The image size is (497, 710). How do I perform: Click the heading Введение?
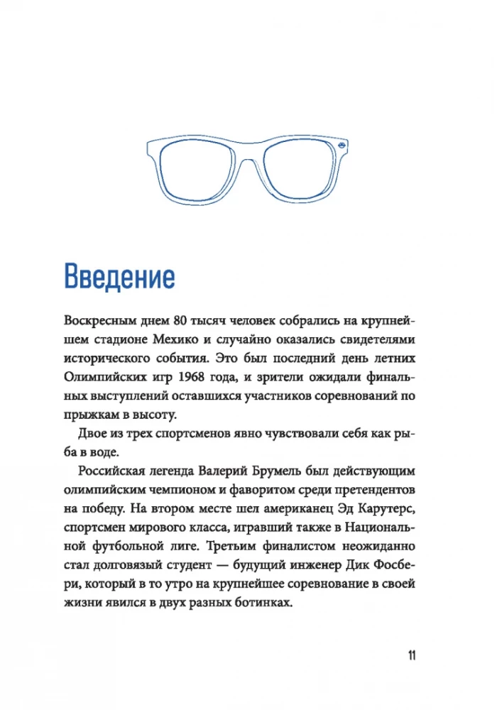pos(119,276)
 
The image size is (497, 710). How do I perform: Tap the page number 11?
pos(412,655)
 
